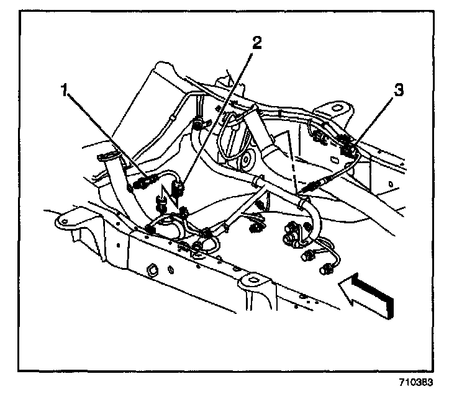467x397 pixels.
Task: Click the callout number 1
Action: coord(63,91)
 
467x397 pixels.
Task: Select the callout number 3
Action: coord(399,90)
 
